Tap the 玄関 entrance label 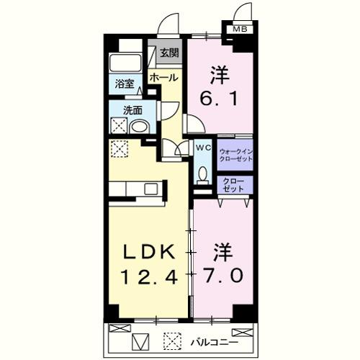click(x=169, y=53)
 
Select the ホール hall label click(x=163, y=77)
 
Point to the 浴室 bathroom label click(x=124, y=84)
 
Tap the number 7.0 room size click(x=222, y=274)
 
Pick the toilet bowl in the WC click(x=203, y=174)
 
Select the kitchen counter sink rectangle click(x=150, y=189)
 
